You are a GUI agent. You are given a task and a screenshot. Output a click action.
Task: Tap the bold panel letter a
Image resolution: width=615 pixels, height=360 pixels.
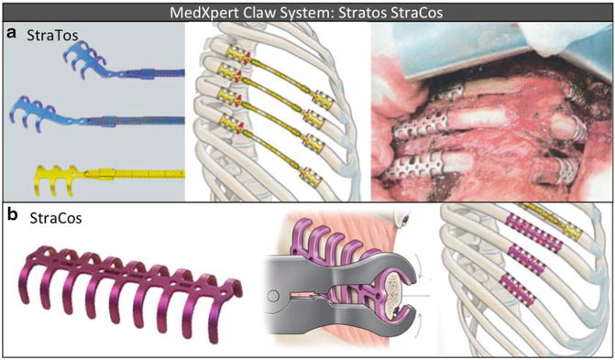point(10,33)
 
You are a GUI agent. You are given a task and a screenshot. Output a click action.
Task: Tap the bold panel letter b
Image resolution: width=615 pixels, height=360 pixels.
point(11,217)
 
